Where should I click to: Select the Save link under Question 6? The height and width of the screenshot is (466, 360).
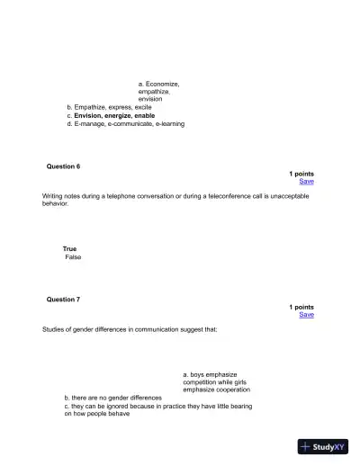[306, 182]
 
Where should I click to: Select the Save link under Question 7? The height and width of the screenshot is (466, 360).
[306, 315]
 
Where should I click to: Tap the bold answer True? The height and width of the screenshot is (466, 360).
[69, 248]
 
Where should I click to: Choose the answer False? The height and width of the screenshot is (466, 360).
[73, 257]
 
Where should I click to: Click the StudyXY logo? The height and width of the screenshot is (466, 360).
[323, 446]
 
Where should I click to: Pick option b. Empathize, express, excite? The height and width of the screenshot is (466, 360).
[109, 107]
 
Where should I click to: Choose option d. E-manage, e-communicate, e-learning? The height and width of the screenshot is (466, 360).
[125, 124]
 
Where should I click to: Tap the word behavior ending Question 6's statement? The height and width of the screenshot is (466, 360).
[55, 203]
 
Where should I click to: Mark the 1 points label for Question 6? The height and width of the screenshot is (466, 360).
[301, 174]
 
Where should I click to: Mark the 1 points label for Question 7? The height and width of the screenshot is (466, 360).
[301, 307]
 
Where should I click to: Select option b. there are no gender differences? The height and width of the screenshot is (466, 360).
[112, 398]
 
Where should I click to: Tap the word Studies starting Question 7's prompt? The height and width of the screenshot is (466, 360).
[54, 329]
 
